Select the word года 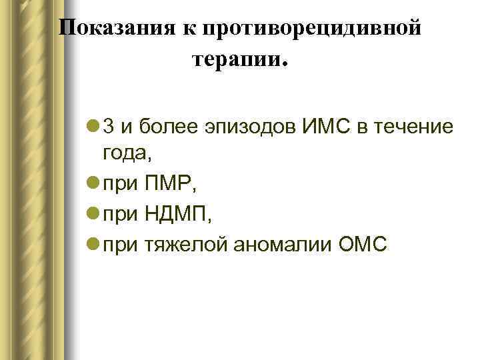125,153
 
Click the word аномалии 281,245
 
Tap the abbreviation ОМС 361,245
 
